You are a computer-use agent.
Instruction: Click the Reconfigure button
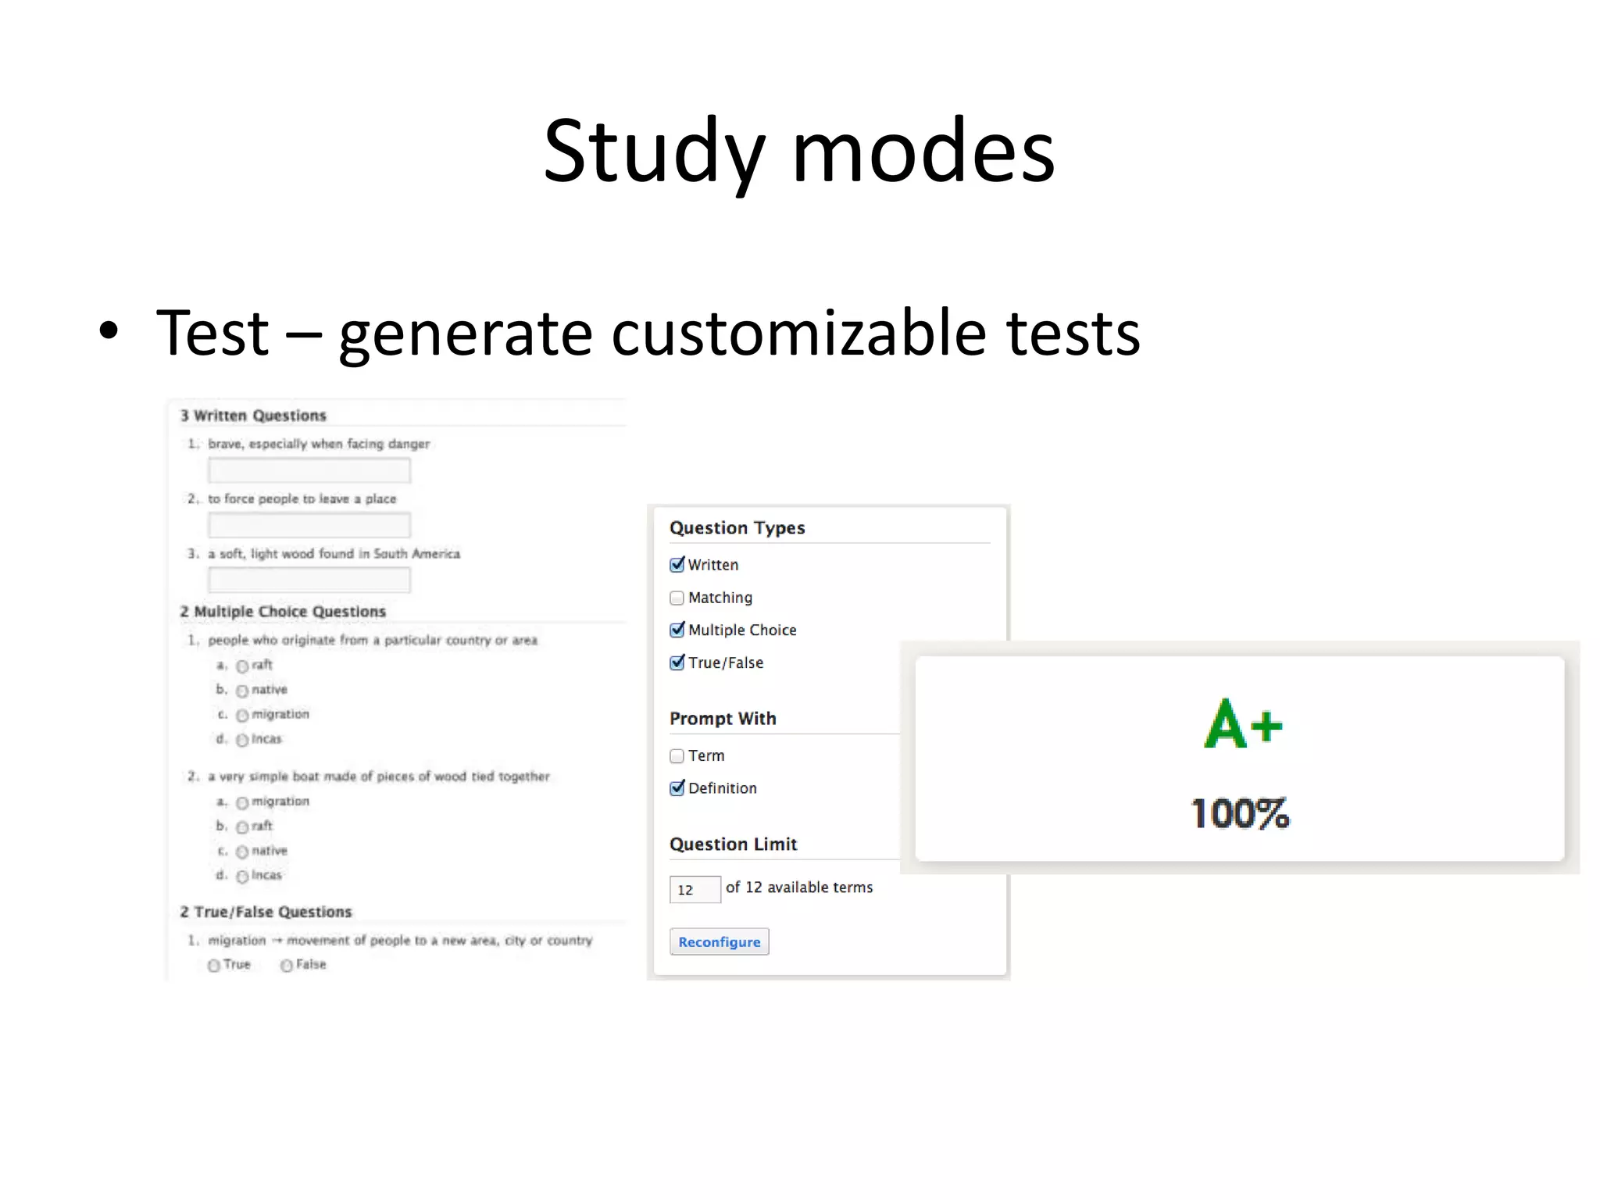click(x=719, y=941)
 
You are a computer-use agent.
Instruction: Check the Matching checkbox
click(x=677, y=598)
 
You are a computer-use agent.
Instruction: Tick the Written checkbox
click(x=677, y=565)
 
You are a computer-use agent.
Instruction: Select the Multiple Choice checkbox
click(x=677, y=630)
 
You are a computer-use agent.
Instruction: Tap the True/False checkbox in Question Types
click(x=677, y=663)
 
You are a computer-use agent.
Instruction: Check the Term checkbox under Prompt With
click(x=677, y=755)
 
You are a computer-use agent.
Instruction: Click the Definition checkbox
click(x=677, y=788)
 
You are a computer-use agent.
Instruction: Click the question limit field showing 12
click(x=694, y=890)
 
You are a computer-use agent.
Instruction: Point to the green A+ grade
click(x=1242, y=724)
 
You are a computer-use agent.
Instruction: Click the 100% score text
click(x=1240, y=813)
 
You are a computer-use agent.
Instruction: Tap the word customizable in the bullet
click(x=798, y=334)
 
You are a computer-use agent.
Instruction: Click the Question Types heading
click(x=737, y=528)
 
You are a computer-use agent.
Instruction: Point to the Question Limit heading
click(x=733, y=845)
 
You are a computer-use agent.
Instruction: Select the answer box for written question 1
click(x=309, y=471)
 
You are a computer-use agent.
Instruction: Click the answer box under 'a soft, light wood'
click(x=309, y=580)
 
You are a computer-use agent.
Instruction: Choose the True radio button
click(x=213, y=966)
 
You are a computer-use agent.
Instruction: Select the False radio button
click(x=287, y=966)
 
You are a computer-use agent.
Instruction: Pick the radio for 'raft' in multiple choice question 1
click(x=242, y=666)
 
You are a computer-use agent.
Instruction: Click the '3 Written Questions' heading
click(x=253, y=416)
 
